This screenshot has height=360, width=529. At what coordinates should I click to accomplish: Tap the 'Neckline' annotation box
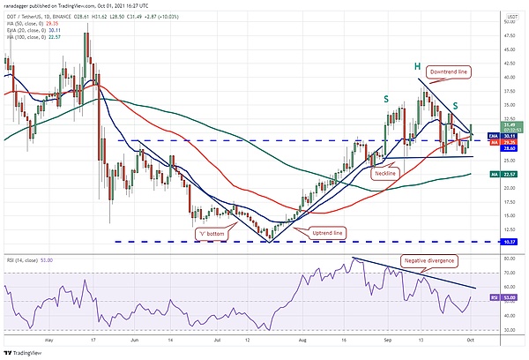pyautogui.click(x=385, y=174)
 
